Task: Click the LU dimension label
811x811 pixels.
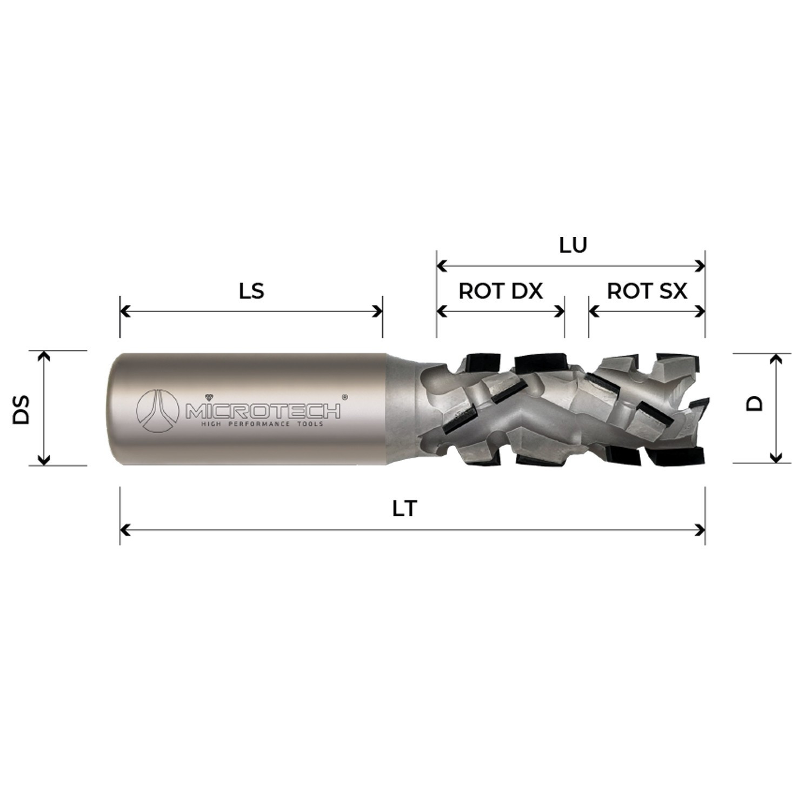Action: coord(573,245)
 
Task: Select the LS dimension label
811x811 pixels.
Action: coord(251,291)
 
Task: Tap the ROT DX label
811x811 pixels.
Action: coord(500,291)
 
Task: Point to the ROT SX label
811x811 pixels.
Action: coord(647,291)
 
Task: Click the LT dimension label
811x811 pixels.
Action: coord(405,509)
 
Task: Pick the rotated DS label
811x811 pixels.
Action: coord(22,409)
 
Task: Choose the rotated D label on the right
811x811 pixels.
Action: coord(754,403)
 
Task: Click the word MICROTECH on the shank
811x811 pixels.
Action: coord(263,411)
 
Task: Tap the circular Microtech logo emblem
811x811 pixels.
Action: coord(157,410)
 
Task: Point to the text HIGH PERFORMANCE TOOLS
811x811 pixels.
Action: coord(262,424)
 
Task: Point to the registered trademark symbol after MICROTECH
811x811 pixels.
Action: coord(345,397)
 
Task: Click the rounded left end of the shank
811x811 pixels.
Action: coord(112,409)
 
